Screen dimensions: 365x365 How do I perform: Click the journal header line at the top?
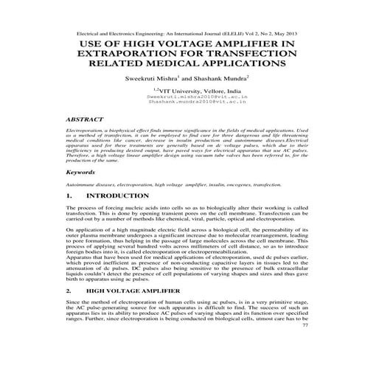tap(182, 34)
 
